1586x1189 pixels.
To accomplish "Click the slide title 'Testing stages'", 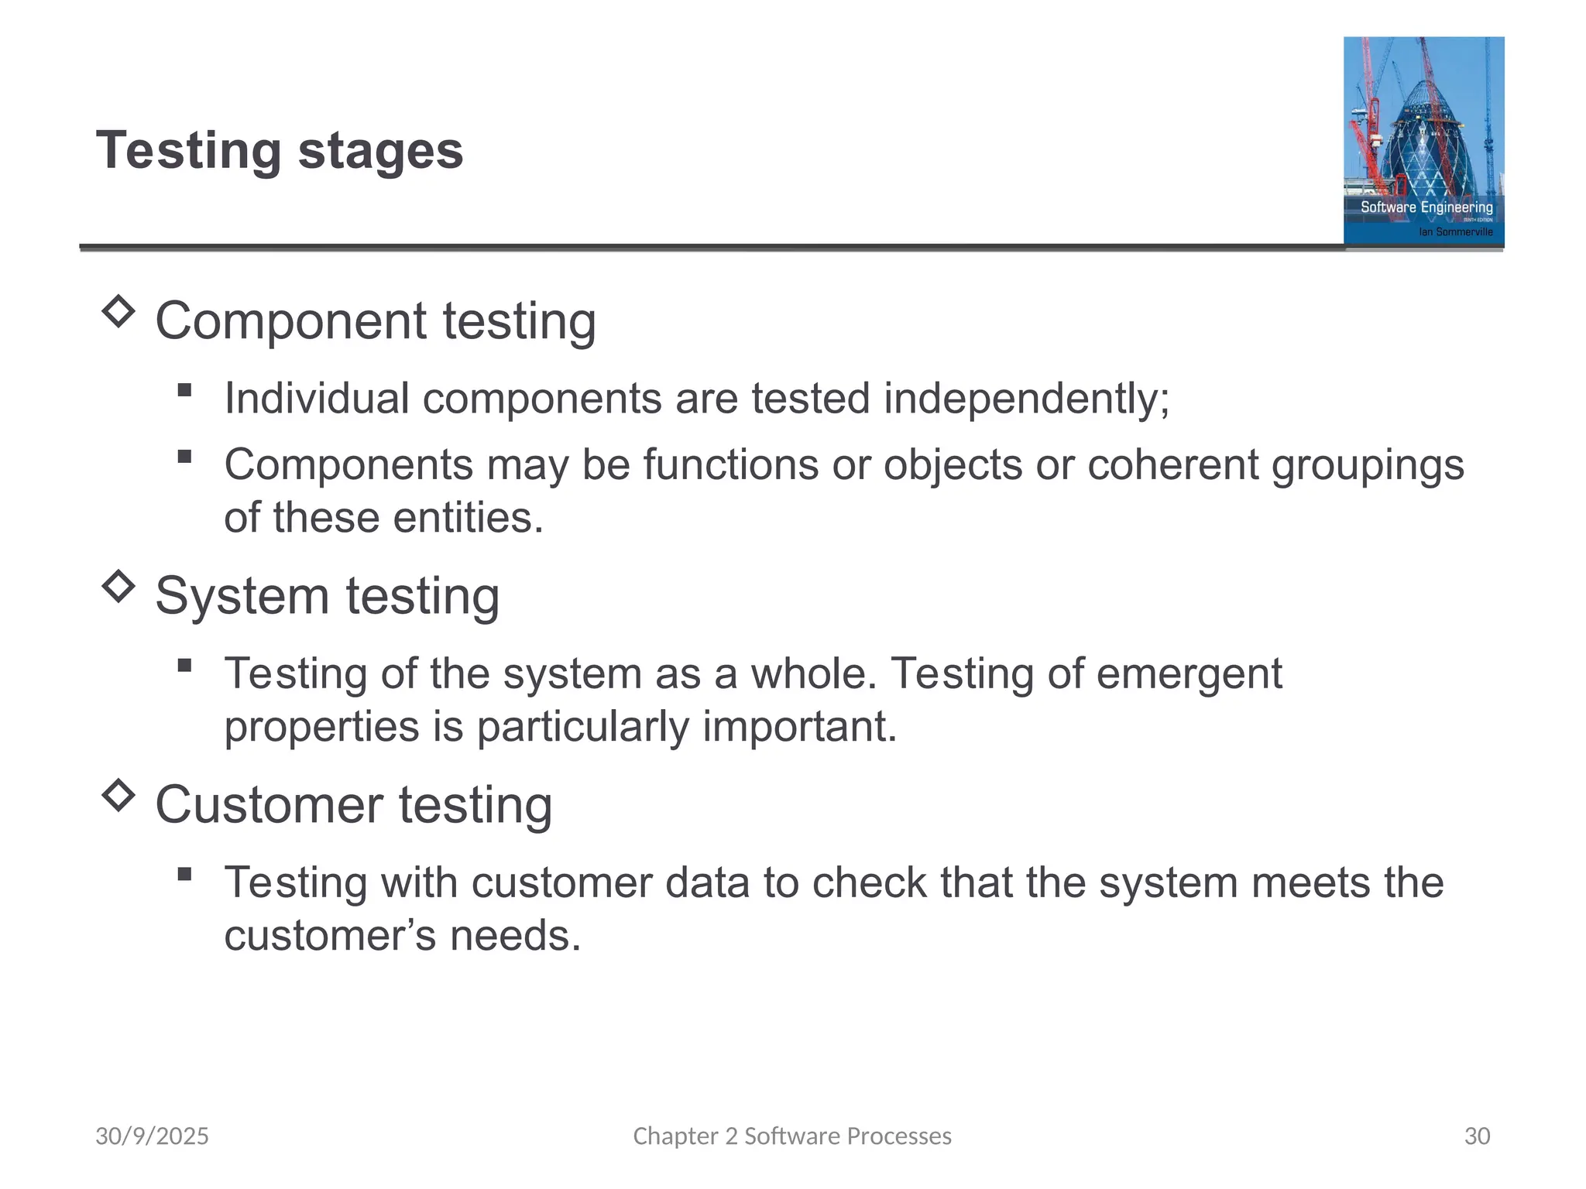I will (280, 150).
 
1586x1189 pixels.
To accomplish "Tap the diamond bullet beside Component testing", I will (118, 311).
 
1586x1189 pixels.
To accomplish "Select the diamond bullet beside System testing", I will (118, 586).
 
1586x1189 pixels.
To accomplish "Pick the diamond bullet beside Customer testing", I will (118, 795).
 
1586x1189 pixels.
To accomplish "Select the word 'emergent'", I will (1189, 673).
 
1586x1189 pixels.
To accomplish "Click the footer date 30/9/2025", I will (152, 1136).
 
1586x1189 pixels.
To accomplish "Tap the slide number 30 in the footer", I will (1477, 1136).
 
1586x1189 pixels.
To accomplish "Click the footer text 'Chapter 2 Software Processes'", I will (792, 1136).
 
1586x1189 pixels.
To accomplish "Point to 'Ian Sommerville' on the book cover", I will (1455, 231).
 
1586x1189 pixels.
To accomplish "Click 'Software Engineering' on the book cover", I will (1426, 207).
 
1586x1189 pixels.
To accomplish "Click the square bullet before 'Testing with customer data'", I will (184, 875).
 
